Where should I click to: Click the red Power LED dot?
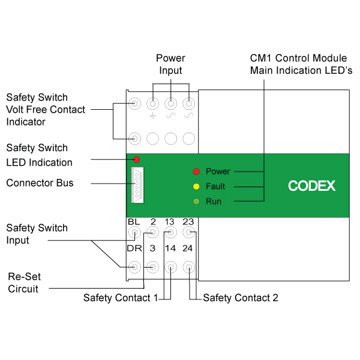coord(196,172)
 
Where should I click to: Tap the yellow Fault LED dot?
coord(196,187)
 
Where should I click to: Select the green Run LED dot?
coord(196,202)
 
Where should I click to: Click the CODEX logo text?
coord(311,186)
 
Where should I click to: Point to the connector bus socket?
coord(137,185)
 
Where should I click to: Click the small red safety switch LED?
coord(136,159)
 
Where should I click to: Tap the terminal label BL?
coord(134,222)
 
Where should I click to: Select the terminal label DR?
coord(134,248)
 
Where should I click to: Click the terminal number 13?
coord(169,222)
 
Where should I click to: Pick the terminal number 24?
coord(188,248)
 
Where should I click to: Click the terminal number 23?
coord(188,222)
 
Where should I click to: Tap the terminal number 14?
coord(170,248)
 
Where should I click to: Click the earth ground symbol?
coord(152,116)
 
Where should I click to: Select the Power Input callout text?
coord(170,64)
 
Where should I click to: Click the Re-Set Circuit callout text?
coord(24,283)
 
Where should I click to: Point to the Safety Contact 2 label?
coord(241,298)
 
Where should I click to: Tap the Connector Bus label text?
coord(40,183)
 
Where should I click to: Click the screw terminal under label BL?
coord(134,232)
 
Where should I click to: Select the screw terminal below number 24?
coord(189,267)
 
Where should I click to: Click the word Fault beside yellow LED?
coord(215,187)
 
